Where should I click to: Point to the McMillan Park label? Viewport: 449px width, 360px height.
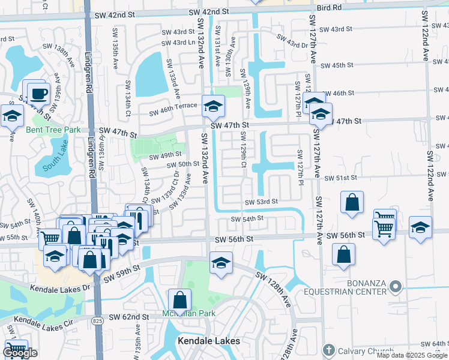click(x=180, y=313)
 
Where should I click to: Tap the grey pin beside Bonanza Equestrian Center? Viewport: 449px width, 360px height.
click(x=394, y=287)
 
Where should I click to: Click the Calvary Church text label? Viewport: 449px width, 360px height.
click(x=361, y=350)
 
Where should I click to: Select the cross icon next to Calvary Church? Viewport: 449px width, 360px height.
click(x=328, y=350)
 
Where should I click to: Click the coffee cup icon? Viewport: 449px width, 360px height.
click(x=39, y=94)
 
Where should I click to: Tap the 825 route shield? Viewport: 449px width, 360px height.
click(x=97, y=321)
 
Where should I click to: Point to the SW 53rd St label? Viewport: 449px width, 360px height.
click(x=261, y=202)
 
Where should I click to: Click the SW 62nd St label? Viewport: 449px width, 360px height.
click(x=129, y=316)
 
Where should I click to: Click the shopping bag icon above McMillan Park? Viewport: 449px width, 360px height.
click(x=180, y=298)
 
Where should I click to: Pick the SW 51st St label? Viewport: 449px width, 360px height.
click(x=340, y=178)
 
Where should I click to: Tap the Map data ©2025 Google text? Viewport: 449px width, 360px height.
click(x=412, y=355)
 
